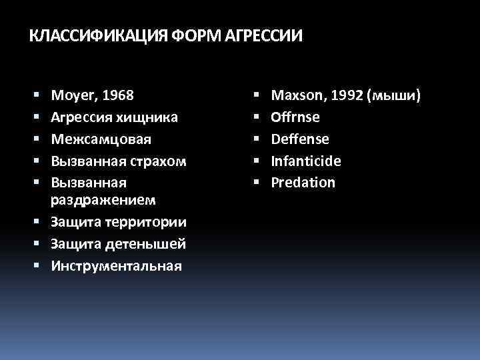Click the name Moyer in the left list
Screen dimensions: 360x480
click(x=72, y=96)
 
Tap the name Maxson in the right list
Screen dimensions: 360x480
click(x=296, y=96)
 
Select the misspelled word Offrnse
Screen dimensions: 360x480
click(x=295, y=117)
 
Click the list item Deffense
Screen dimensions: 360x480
click(x=299, y=139)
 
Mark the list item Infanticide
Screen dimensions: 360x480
click(x=305, y=161)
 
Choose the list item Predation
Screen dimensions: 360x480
click(x=303, y=183)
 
